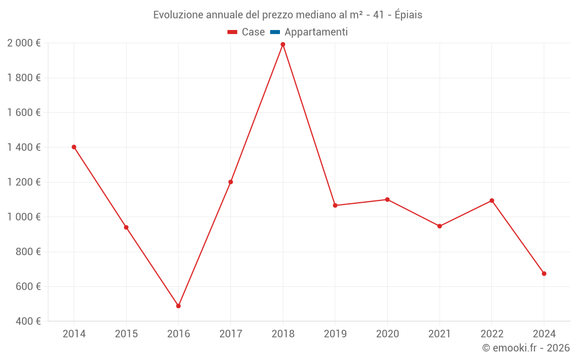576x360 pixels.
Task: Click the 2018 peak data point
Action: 283,44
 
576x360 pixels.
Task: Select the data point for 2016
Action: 179,306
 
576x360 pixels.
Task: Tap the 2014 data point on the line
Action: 74,147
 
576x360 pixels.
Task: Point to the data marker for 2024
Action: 544,274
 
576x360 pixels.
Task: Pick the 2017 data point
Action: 230,182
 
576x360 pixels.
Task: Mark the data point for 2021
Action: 439,226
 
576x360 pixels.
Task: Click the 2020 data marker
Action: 387,199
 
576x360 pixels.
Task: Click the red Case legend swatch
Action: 233,32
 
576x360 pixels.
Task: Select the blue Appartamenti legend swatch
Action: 275,32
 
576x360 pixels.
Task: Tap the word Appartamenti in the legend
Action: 316,32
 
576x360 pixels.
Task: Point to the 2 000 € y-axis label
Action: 24,43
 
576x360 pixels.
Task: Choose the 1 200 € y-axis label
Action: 24,182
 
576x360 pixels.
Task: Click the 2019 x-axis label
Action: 335,334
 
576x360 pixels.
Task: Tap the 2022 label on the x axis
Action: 491,334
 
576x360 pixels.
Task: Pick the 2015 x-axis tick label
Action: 126,334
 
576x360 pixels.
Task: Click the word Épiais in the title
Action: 408,15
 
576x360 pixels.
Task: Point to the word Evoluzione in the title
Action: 178,15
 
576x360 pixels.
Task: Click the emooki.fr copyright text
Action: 526,348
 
